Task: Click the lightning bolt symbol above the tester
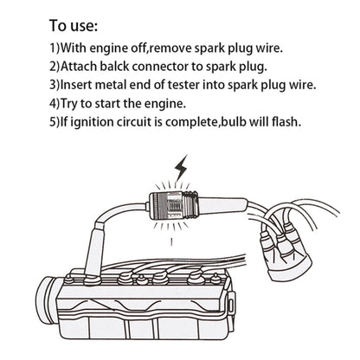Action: (x=182, y=169)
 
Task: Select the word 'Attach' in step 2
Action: (x=84, y=65)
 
